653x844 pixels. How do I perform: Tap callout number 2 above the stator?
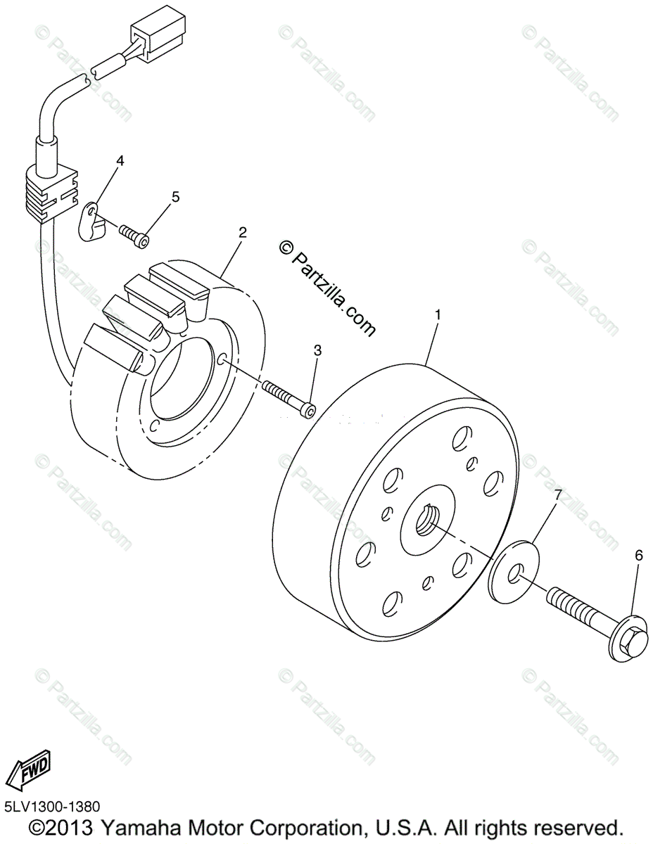point(242,233)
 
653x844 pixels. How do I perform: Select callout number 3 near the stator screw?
point(317,350)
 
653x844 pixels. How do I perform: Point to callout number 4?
point(120,161)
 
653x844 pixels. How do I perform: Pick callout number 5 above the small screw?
point(175,196)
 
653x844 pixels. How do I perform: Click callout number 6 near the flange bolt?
point(639,556)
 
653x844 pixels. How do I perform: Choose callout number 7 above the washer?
point(557,495)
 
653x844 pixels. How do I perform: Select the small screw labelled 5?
point(134,234)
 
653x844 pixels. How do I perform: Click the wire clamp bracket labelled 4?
point(91,221)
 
